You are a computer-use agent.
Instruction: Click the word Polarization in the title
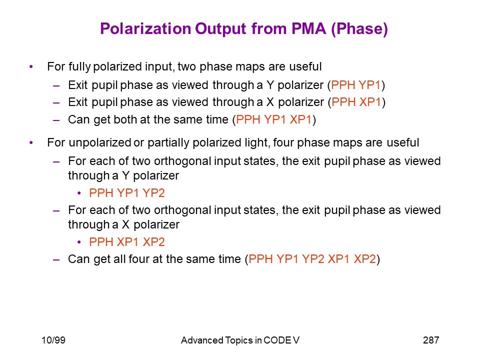point(145,29)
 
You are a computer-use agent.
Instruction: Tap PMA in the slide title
point(308,29)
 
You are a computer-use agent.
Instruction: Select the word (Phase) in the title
point(359,29)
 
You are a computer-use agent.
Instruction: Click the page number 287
point(431,340)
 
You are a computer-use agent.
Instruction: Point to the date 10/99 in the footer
point(53,340)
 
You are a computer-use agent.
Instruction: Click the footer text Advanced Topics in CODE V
point(240,340)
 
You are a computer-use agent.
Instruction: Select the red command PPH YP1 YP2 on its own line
point(127,193)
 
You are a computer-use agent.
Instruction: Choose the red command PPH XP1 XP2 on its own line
point(127,242)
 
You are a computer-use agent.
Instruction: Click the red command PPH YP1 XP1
point(273,119)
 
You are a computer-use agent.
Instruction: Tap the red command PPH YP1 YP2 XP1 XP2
point(312,259)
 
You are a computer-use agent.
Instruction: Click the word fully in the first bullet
point(79,67)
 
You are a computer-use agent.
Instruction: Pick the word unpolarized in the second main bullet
point(100,143)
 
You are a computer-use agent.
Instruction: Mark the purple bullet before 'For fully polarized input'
point(31,66)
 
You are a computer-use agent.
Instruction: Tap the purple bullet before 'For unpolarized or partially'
point(31,142)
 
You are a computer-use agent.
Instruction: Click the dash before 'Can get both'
point(56,120)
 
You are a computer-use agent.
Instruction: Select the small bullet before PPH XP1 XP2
point(79,242)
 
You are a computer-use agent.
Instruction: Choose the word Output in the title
point(220,29)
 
